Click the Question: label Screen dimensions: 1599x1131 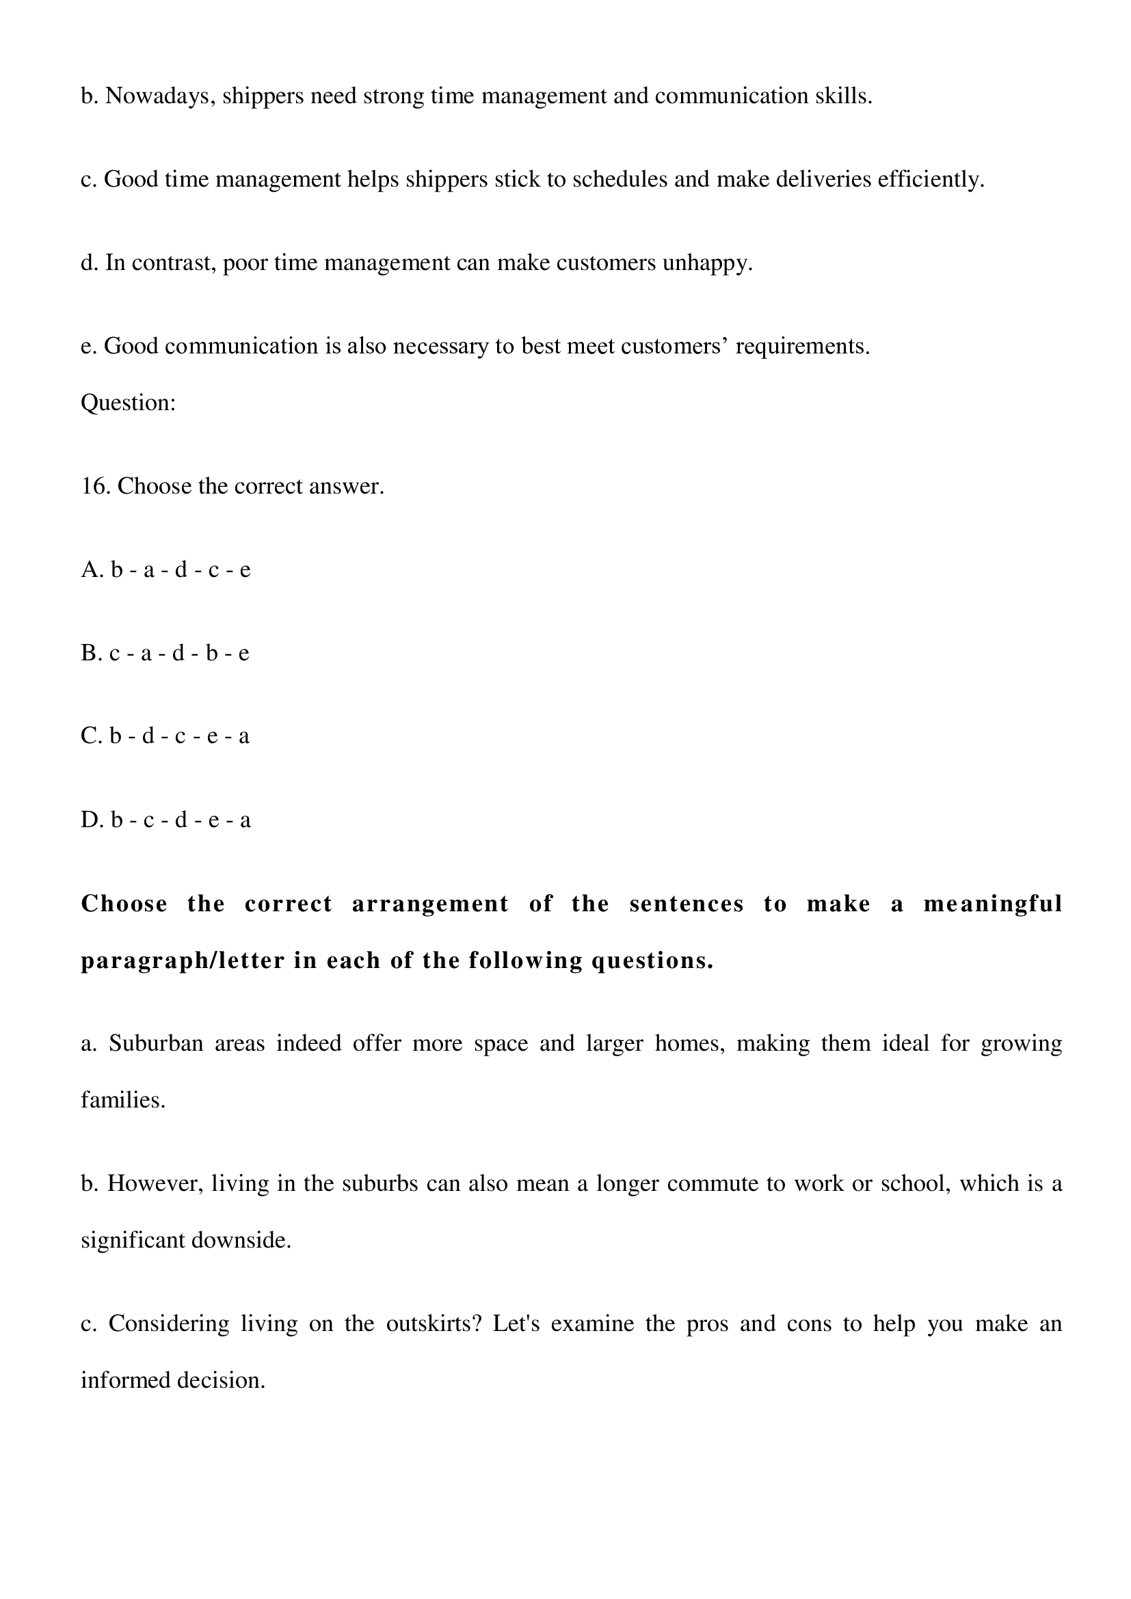point(128,403)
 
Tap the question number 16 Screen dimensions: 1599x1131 point(96,486)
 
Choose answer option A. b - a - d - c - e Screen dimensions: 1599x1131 point(165,570)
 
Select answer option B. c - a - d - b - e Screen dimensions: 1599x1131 point(165,654)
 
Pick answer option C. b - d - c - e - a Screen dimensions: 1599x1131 point(165,736)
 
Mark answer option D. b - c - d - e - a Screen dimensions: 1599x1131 point(165,820)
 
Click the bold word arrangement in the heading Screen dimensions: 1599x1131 point(429,904)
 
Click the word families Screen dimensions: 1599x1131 point(122,1101)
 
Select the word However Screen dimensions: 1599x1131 point(155,1184)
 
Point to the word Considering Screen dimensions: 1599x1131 point(168,1324)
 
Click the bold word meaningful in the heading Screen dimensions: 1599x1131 point(992,904)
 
